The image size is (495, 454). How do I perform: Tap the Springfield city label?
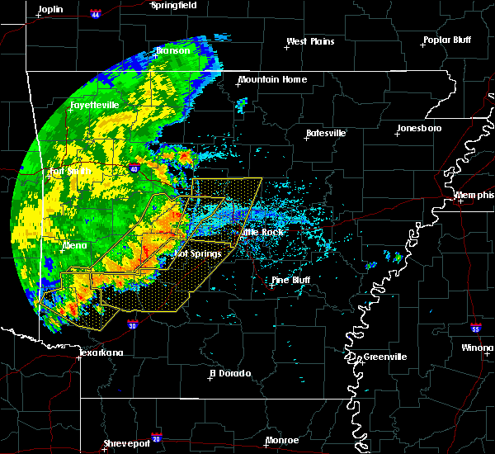173,5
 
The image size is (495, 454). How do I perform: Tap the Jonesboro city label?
419,128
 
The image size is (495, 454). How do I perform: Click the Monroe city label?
282,441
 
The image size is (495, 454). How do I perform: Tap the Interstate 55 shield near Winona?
477,328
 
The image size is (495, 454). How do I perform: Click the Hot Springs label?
199,253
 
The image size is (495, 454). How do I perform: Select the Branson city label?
173,50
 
